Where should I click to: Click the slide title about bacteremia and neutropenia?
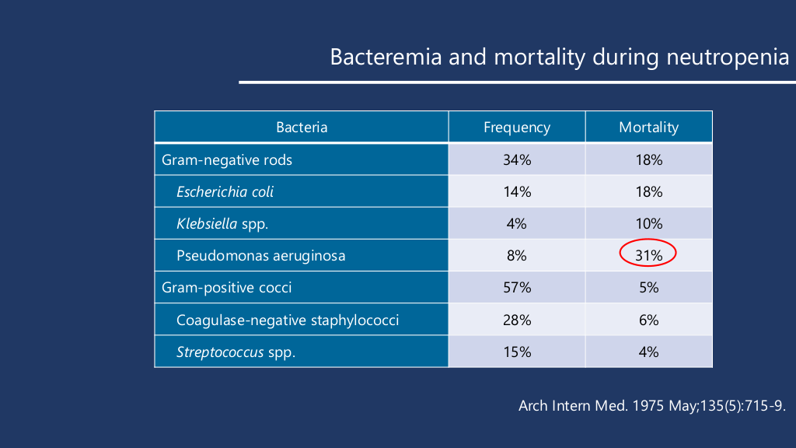pyautogui.click(x=559, y=58)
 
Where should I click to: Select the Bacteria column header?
pyautogui.click(x=302, y=128)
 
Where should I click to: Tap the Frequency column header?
pyautogui.click(x=517, y=128)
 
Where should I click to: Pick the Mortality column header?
pyautogui.click(x=648, y=128)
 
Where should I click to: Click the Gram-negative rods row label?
pyautogui.click(x=227, y=160)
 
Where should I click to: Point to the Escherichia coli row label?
pyautogui.click(x=225, y=192)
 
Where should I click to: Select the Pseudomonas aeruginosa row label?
pyautogui.click(x=260, y=255)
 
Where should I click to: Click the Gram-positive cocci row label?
pyautogui.click(x=227, y=288)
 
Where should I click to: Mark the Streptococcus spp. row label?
pyautogui.click(x=236, y=352)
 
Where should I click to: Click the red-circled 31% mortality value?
pyautogui.click(x=648, y=255)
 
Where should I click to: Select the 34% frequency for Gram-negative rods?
pyautogui.click(x=517, y=160)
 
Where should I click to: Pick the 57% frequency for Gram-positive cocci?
pyautogui.click(x=517, y=288)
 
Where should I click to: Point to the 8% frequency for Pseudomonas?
pyautogui.click(x=517, y=255)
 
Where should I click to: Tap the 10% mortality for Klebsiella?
pyautogui.click(x=648, y=224)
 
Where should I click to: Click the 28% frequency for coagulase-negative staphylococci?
pyautogui.click(x=517, y=320)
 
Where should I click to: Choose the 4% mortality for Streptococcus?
pyautogui.click(x=648, y=352)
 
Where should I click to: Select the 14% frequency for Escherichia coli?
pyautogui.click(x=517, y=192)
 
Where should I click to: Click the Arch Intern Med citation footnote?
pyautogui.click(x=651, y=406)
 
